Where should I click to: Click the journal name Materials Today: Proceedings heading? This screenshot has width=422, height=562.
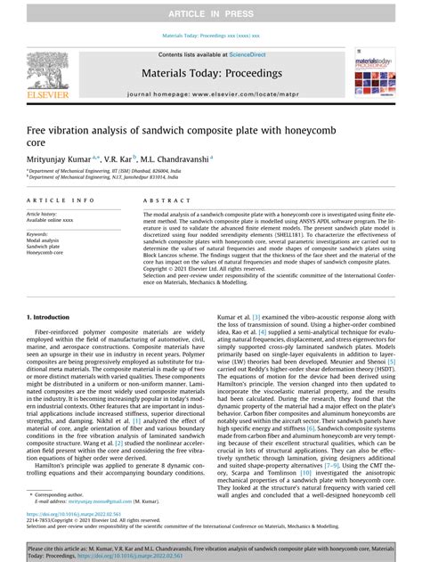tap(211, 77)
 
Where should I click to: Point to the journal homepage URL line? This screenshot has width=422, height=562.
tap(211, 93)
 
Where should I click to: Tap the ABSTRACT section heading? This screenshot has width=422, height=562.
tap(164, 201)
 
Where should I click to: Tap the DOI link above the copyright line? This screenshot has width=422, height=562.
tap(75, 514)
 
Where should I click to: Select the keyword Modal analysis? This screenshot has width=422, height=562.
tap(44, 240)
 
